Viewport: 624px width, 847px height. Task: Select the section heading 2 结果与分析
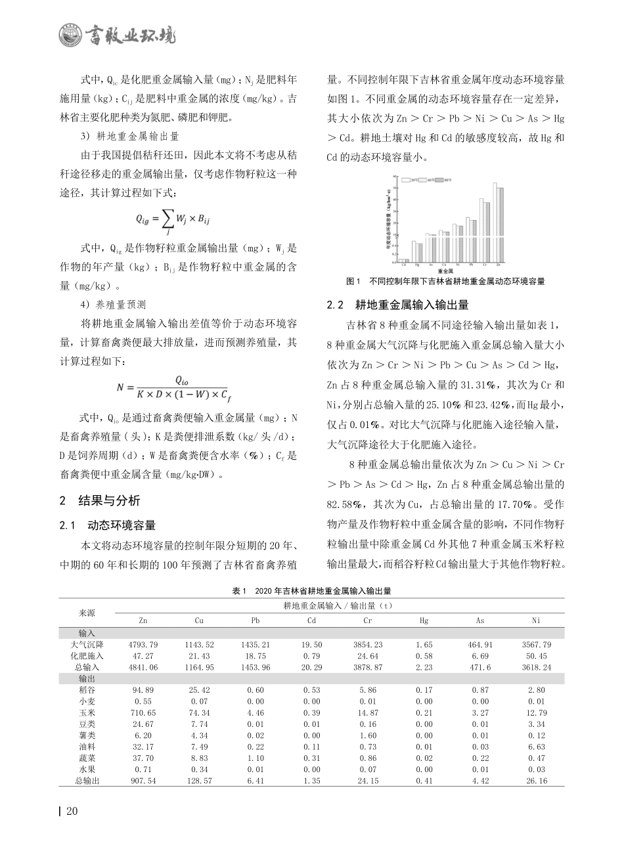(100, 501)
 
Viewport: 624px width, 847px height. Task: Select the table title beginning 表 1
(311, 591)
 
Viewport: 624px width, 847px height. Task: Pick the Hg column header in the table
(424, 620)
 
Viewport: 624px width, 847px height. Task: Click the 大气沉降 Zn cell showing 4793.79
(143, 645)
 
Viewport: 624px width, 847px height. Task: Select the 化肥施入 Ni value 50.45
(536, 655)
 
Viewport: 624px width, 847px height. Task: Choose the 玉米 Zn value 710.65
(143, 712)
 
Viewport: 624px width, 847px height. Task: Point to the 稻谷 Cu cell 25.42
(199, 690)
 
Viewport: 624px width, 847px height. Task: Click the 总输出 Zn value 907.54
(143, 780)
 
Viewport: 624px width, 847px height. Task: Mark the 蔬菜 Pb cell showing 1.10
(255, 757)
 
